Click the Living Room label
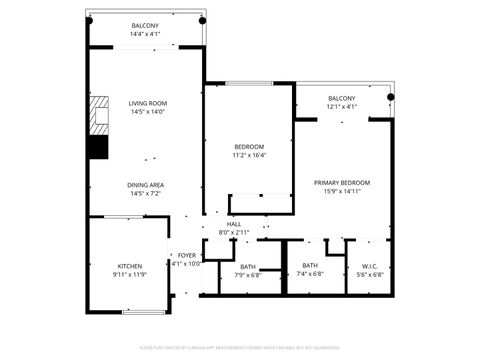click(x=147, y=103)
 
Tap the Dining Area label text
click(x=146, y=185)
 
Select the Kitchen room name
click(x=130, y=266)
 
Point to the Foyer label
click(x=187, y=256)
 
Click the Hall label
click(x=233, y=224)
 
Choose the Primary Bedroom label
click(x=342, y=183)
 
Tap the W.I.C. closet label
click(x=370, y=265)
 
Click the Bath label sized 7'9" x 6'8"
click(x=248, y=266)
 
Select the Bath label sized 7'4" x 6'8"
click(x=310, y=265)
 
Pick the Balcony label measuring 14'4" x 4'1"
click(x=145, y=26)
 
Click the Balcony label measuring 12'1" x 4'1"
click(x=341, y=98)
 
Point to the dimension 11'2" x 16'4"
click(x=249, y=155)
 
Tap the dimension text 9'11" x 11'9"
click(x=130, y=275)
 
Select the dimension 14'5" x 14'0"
click(x=147, y=112)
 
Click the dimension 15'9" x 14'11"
click(x=342, y=192)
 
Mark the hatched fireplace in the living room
click(x=98, y=115)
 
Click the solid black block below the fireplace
click(x=97, y=146)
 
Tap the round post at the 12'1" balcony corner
click(x=392, y=97)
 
